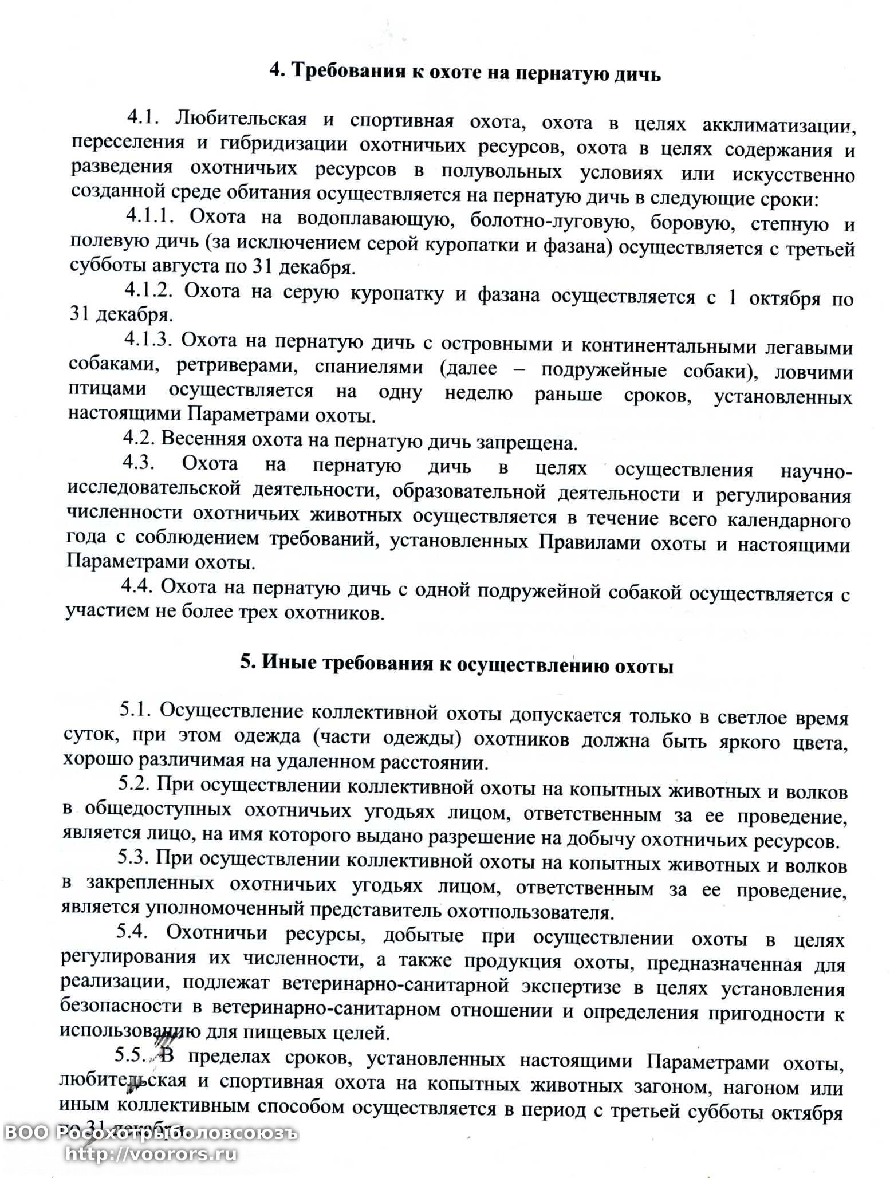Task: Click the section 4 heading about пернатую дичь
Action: (466, 74)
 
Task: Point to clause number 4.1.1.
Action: (149, 216)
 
